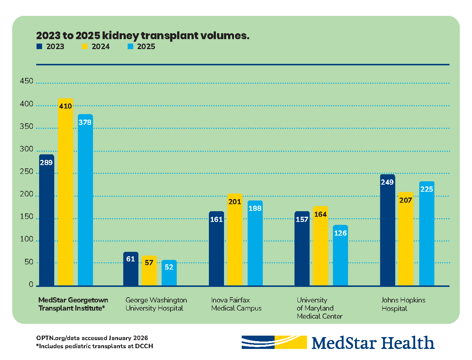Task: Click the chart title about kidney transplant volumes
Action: click(142, 35)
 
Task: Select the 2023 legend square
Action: click(39, 47)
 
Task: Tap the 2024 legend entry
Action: click(96, 47)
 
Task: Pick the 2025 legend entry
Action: click(141, 47)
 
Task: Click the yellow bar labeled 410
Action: click(65, 192)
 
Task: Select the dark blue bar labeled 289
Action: click(46, 222)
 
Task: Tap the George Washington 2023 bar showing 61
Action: click(131, 270)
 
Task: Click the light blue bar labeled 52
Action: click(169, 273)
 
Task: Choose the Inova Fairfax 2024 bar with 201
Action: click(235, 240)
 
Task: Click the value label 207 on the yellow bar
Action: click(406, 200)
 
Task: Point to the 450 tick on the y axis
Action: click(27, 81)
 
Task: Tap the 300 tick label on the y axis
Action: click(27, 149)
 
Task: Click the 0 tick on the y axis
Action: click(31, 285)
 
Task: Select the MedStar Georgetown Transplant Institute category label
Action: click(73, 304)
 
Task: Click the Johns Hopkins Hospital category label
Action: click(403, 304)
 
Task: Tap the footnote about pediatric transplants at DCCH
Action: click(94, 346)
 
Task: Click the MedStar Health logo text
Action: click(373, 343)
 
